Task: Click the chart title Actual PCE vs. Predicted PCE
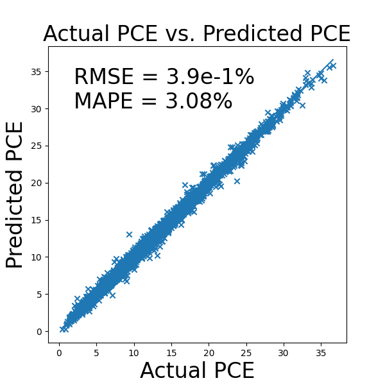(x=196, y=34)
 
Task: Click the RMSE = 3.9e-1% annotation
(x=164, y=78)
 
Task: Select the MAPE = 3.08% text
(x=153, y=101)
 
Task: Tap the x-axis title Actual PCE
(x=197, y=371)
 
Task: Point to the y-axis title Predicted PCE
(x=15, y=195)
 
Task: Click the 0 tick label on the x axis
(x=59, y=352)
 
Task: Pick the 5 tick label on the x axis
(x=96, y=352)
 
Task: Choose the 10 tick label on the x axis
(x=133, y=352)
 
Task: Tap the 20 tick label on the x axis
(x=209, y=352)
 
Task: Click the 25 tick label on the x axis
(x=246, y=352)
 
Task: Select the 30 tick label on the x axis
(x=283, y=352)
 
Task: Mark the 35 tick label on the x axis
(x=320, y=352)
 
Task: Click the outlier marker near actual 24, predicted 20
(x=237, y=181)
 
